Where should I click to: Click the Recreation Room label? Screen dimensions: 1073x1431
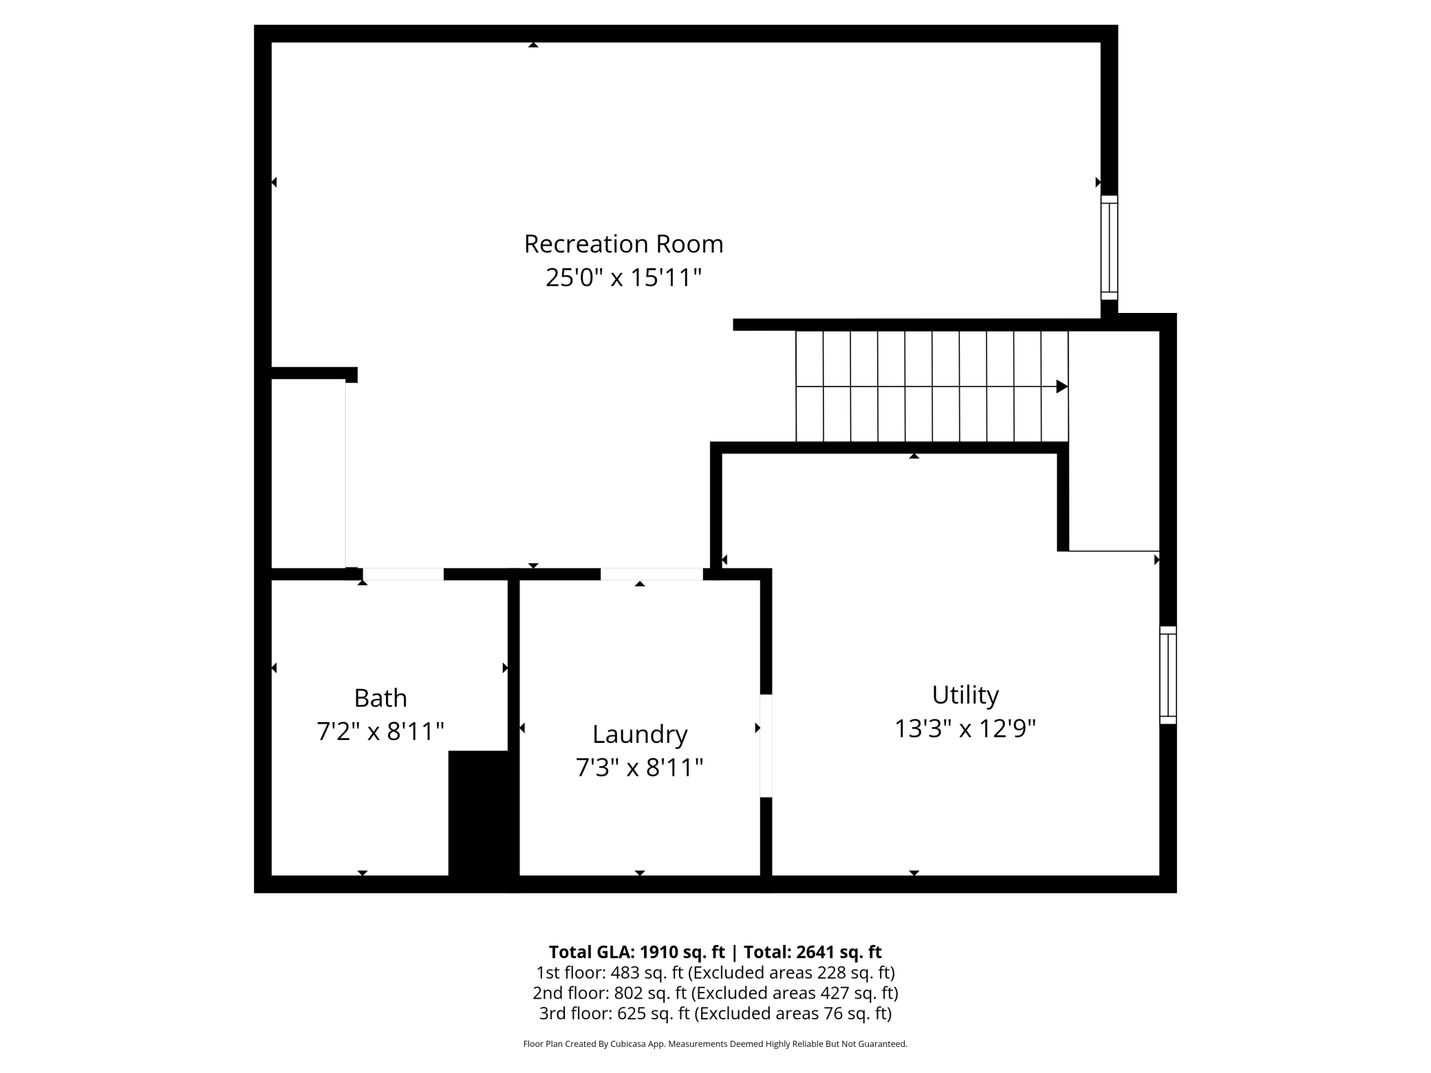click(623, 244)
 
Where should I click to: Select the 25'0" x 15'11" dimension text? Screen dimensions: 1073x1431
click(623, 278)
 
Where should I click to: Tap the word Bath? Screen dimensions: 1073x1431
click(380, 698)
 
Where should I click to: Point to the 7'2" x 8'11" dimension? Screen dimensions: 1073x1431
click(380, 731)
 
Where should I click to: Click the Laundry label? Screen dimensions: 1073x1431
click(640, 735)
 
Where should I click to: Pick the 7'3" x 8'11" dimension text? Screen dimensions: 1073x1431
click(640, 768)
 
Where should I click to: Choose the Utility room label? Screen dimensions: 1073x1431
click(965, 695)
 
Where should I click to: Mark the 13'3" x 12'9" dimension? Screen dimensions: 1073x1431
click(965, 728)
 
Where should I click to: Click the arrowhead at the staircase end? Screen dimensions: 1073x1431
click(1062, 387)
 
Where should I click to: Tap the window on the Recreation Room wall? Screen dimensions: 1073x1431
click(1109, 248)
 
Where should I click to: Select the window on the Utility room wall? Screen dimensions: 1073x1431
click(1168, 675)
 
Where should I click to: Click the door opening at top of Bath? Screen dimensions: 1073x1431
click(403, 574)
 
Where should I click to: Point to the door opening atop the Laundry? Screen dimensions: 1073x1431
click(652, 574)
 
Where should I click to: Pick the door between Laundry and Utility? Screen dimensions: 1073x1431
click(766, 746)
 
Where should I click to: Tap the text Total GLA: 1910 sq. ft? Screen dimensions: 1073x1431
click(636, 952)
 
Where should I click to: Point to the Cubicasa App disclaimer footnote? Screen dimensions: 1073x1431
click(715, 1044)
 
